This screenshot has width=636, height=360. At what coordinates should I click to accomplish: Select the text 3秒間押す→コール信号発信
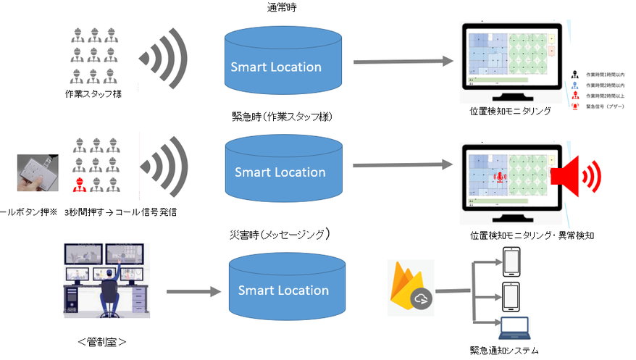[x=120, y=212]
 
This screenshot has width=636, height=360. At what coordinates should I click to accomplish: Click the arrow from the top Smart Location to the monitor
[x=398, y=64]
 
